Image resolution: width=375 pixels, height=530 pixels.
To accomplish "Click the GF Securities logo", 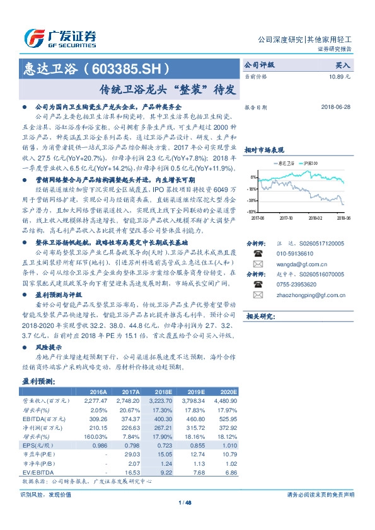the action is pos(60,37).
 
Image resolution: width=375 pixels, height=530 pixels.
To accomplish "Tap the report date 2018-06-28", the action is pos(336,108).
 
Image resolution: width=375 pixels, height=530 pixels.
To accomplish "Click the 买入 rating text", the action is pos(343,65).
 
